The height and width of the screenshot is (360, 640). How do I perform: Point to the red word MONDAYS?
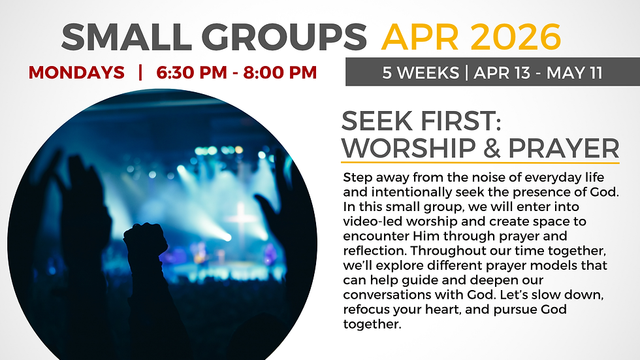76,73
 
